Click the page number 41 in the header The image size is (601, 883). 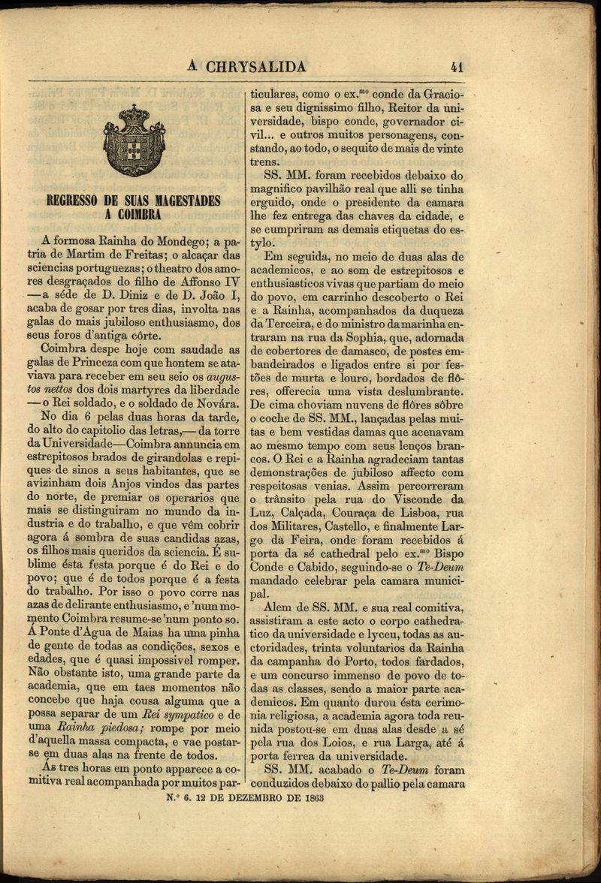pyautogui.click(x=455, y=67)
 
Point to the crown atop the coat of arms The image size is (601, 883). pyautogui.click(x=134, y=114)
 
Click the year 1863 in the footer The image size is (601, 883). pyautogui.click(x=310, y=798)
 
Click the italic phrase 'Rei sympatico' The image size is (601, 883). pyautogui.click(x=178, y=715)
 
